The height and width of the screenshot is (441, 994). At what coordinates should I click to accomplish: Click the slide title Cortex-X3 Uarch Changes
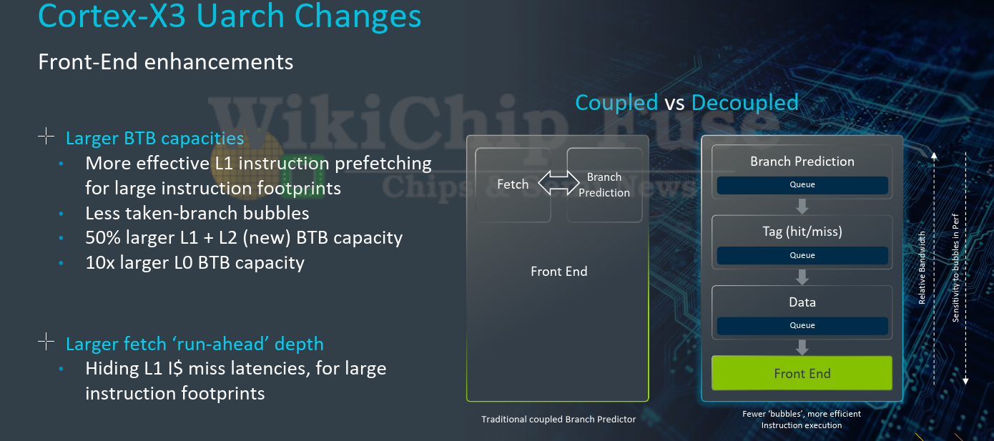(230, 16)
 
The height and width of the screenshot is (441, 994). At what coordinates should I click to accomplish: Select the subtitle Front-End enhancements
(165, 61)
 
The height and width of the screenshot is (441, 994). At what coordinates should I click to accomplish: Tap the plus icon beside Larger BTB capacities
(46, 136)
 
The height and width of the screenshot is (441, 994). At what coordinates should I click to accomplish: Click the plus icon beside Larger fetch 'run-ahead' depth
(46, 342)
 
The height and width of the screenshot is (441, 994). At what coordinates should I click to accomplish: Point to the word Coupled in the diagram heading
(616, 103)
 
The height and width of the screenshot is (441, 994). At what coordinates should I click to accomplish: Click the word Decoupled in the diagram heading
(745, 103)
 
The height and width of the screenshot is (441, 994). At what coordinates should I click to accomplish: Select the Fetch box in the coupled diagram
(513, 184)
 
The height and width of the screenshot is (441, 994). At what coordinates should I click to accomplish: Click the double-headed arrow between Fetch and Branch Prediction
(558, 182)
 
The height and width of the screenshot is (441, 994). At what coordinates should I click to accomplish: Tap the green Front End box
(802, 373)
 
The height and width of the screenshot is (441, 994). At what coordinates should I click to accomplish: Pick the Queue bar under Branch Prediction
(802, 184)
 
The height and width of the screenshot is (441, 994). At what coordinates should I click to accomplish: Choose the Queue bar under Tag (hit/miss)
(802, 255)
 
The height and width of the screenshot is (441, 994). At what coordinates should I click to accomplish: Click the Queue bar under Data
(802, 325)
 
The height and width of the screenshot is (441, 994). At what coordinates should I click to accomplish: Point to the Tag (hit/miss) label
(802, 231)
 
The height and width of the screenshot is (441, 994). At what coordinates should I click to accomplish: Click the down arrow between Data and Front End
(802, 347)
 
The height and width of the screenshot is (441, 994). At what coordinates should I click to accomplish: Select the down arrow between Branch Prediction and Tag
(802, 207)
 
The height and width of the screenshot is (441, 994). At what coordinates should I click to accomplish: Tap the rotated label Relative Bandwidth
(922, 267)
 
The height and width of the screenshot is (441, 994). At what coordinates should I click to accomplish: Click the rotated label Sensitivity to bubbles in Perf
(955, 267)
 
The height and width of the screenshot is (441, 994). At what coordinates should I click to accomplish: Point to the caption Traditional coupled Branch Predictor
(558, 420)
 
